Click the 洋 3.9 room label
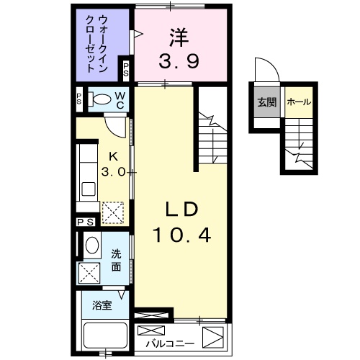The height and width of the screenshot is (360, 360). (179, 48)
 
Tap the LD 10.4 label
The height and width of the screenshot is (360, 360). (182, 222)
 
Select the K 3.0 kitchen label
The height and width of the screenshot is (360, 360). (114, 164)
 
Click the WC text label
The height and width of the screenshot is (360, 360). (120, 101)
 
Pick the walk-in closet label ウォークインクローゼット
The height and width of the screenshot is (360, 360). (96, 44)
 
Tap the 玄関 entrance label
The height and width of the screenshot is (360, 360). (267, 102)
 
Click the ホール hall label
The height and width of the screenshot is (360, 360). (299, 102)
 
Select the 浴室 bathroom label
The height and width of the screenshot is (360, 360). (102, 305)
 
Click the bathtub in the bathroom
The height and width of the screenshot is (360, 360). (105, 336)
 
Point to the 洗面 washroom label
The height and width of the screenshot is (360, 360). (116, 261)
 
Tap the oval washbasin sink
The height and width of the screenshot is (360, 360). (92, 245)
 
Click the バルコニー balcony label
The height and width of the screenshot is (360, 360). (170, 343)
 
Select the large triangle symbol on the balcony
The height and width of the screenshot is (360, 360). (213, 338)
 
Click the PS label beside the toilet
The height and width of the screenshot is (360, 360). (79, 99)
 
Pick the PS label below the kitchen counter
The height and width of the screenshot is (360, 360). (86, 222)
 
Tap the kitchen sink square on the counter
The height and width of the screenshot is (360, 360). (89, 189)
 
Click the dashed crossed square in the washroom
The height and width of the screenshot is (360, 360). (89, 273)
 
